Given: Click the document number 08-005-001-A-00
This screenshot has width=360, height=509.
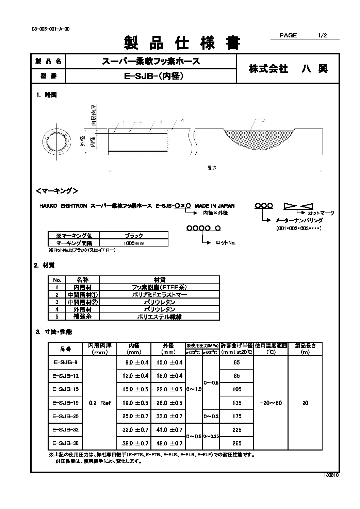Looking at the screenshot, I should [50, 29].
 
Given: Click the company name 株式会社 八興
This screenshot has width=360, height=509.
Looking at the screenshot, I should [288, 69].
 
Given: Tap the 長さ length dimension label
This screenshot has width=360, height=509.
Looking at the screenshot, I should [212, 168].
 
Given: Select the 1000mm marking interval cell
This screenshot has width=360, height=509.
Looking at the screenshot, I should [134, 243].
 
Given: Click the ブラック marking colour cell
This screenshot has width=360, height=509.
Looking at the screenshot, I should [134, 235].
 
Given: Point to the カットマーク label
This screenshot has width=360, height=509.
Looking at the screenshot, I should [321, 213].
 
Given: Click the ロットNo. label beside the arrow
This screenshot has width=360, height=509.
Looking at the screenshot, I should [226, 243].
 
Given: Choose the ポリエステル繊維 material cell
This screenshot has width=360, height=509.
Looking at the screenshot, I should [160, 317].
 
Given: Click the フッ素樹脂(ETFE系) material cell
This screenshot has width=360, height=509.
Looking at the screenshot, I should [160, 287].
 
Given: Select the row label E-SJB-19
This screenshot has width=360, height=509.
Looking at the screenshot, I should [66, 403].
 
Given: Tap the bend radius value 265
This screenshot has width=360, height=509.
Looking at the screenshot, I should [237, 443].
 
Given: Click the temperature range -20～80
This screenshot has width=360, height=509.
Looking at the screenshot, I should [271, 403].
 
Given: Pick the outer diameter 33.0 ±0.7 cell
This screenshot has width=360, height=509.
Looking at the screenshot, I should [169, 416].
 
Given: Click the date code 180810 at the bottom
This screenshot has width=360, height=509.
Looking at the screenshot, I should [331, 476].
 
